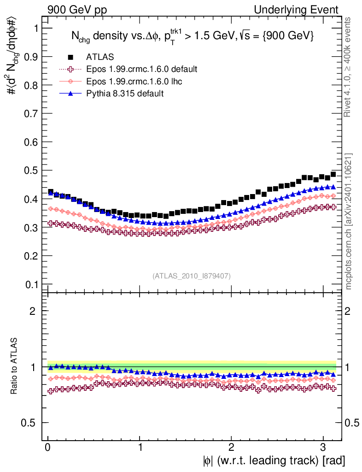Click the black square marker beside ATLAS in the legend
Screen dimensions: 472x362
[71, 57]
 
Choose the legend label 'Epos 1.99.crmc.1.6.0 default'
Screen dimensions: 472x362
[142, 69]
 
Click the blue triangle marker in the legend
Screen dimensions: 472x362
[71, 94]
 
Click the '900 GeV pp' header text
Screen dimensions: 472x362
[77, 10]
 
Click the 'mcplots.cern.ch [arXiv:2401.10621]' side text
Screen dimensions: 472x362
[349, 221]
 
